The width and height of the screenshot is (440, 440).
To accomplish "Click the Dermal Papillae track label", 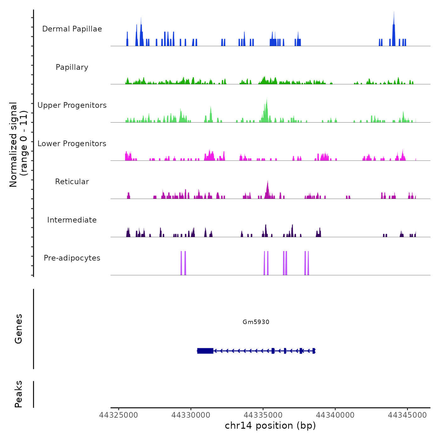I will click(72, 29).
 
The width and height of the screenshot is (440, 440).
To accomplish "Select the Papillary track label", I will click(72, 67).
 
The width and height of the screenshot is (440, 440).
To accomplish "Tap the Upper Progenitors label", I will click(72, 105).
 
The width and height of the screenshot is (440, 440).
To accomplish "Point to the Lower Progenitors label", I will click(72, 144).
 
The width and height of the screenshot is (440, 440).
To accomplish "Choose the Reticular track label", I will click(72, 182).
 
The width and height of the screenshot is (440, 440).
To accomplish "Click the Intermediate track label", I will click(72, 220).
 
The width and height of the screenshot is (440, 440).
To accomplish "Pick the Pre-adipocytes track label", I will click(72, 258).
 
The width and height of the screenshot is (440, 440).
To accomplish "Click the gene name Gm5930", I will click(256, 322).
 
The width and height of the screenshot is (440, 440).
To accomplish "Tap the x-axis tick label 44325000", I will click(118, 415).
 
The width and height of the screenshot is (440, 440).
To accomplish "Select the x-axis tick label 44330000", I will click(191, 415).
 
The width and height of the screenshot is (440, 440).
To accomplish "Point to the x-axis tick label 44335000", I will click(263, 415).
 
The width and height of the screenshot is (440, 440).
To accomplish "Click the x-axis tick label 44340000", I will click(335, 415).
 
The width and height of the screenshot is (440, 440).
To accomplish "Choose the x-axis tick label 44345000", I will click(407, 415).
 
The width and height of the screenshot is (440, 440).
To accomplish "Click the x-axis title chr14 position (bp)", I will click(270, 426).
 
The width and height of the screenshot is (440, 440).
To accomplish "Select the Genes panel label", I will click(19, 329).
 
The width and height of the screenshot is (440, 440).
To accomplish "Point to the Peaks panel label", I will click(19, 394).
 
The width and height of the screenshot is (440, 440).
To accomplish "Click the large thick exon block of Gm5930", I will click(205, 351).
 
